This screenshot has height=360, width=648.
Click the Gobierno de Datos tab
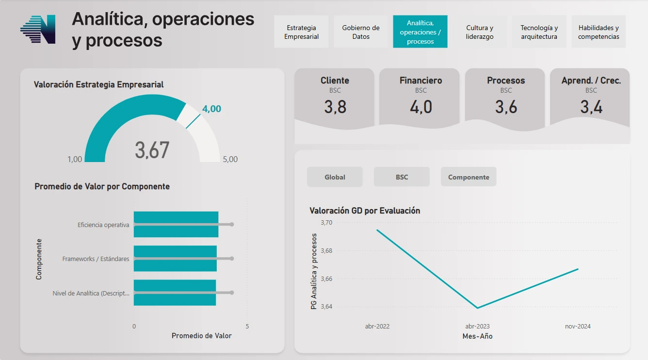(x=361, y=32)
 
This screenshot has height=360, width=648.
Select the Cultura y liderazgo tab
(x=480, y=32)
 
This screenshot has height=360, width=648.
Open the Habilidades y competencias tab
(x=599, y=32)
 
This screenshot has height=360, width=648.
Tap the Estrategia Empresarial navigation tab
(x=301, y=32)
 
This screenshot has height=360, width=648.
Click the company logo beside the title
(x=38, y=30)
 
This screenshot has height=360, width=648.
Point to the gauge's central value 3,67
(x=152, y=150)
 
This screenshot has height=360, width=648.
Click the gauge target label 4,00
(x=211, y=109)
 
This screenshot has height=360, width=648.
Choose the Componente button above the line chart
(x=469, y=177)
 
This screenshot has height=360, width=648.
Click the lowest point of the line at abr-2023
(x=478, y=308)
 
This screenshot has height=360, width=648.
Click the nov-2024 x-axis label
(x=578, y=327)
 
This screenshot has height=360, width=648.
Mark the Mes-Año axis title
(x=477, y=336)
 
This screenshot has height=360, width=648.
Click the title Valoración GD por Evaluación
(x=365, y=211)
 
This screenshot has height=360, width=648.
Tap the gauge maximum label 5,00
(x=230, y=159)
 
